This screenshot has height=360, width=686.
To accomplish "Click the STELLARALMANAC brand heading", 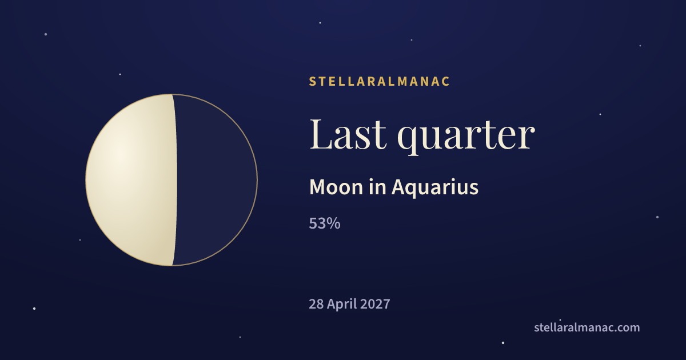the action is click(x=379, y=81).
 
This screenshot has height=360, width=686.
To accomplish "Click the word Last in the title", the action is click(x=348, y=134).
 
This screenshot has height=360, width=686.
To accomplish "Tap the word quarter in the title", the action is click(x=466, y=137).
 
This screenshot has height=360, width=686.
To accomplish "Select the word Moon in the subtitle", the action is click(x=336, y=187).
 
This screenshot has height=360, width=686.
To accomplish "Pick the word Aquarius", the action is click(x=435, y=188).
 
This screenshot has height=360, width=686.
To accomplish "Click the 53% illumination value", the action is click(x=325, y=223).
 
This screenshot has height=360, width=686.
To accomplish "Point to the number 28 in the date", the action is click(x=316, y=304).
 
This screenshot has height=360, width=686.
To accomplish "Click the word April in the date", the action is click(x=342, y=305).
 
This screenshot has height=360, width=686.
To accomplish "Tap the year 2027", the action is click(x=375, y=304).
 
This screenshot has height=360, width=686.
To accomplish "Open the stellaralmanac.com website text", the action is click(x=587, y=327).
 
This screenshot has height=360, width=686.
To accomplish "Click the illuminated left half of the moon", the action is click(x=131, y=180).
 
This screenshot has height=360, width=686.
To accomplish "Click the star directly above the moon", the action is click(x=120, y=74).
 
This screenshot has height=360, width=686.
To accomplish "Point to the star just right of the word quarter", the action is click(x=600, y=114).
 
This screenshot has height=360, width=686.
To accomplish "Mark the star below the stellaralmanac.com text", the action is click(x=503, y=343).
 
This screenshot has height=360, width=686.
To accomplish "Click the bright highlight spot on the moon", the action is click(x=120, y=155).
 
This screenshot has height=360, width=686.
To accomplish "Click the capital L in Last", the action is click(x=321, y=134).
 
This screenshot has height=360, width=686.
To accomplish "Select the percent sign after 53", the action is click(x=333, y=223).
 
